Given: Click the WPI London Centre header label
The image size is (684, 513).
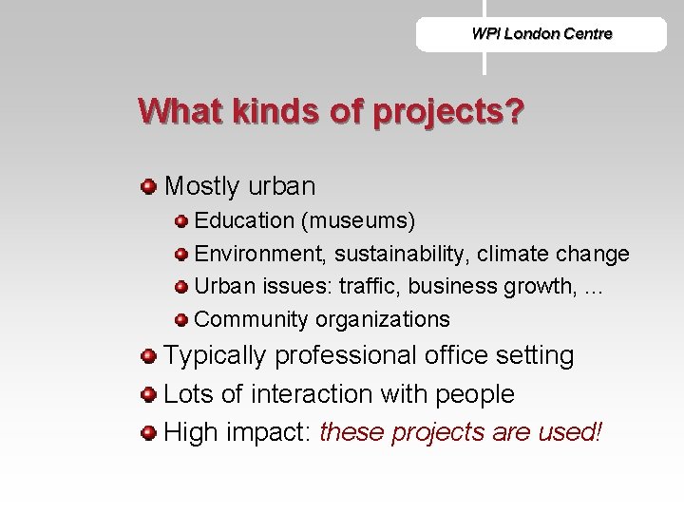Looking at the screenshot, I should tap(541, 34).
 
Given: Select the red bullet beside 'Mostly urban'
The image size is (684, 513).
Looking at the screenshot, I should tap(147, 182).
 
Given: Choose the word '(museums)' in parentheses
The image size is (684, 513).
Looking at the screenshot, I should tap(358, 221).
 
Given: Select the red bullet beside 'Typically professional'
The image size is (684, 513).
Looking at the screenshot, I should tap(147, 356).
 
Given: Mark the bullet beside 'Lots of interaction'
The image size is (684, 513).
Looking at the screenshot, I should tap(147, 394).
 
